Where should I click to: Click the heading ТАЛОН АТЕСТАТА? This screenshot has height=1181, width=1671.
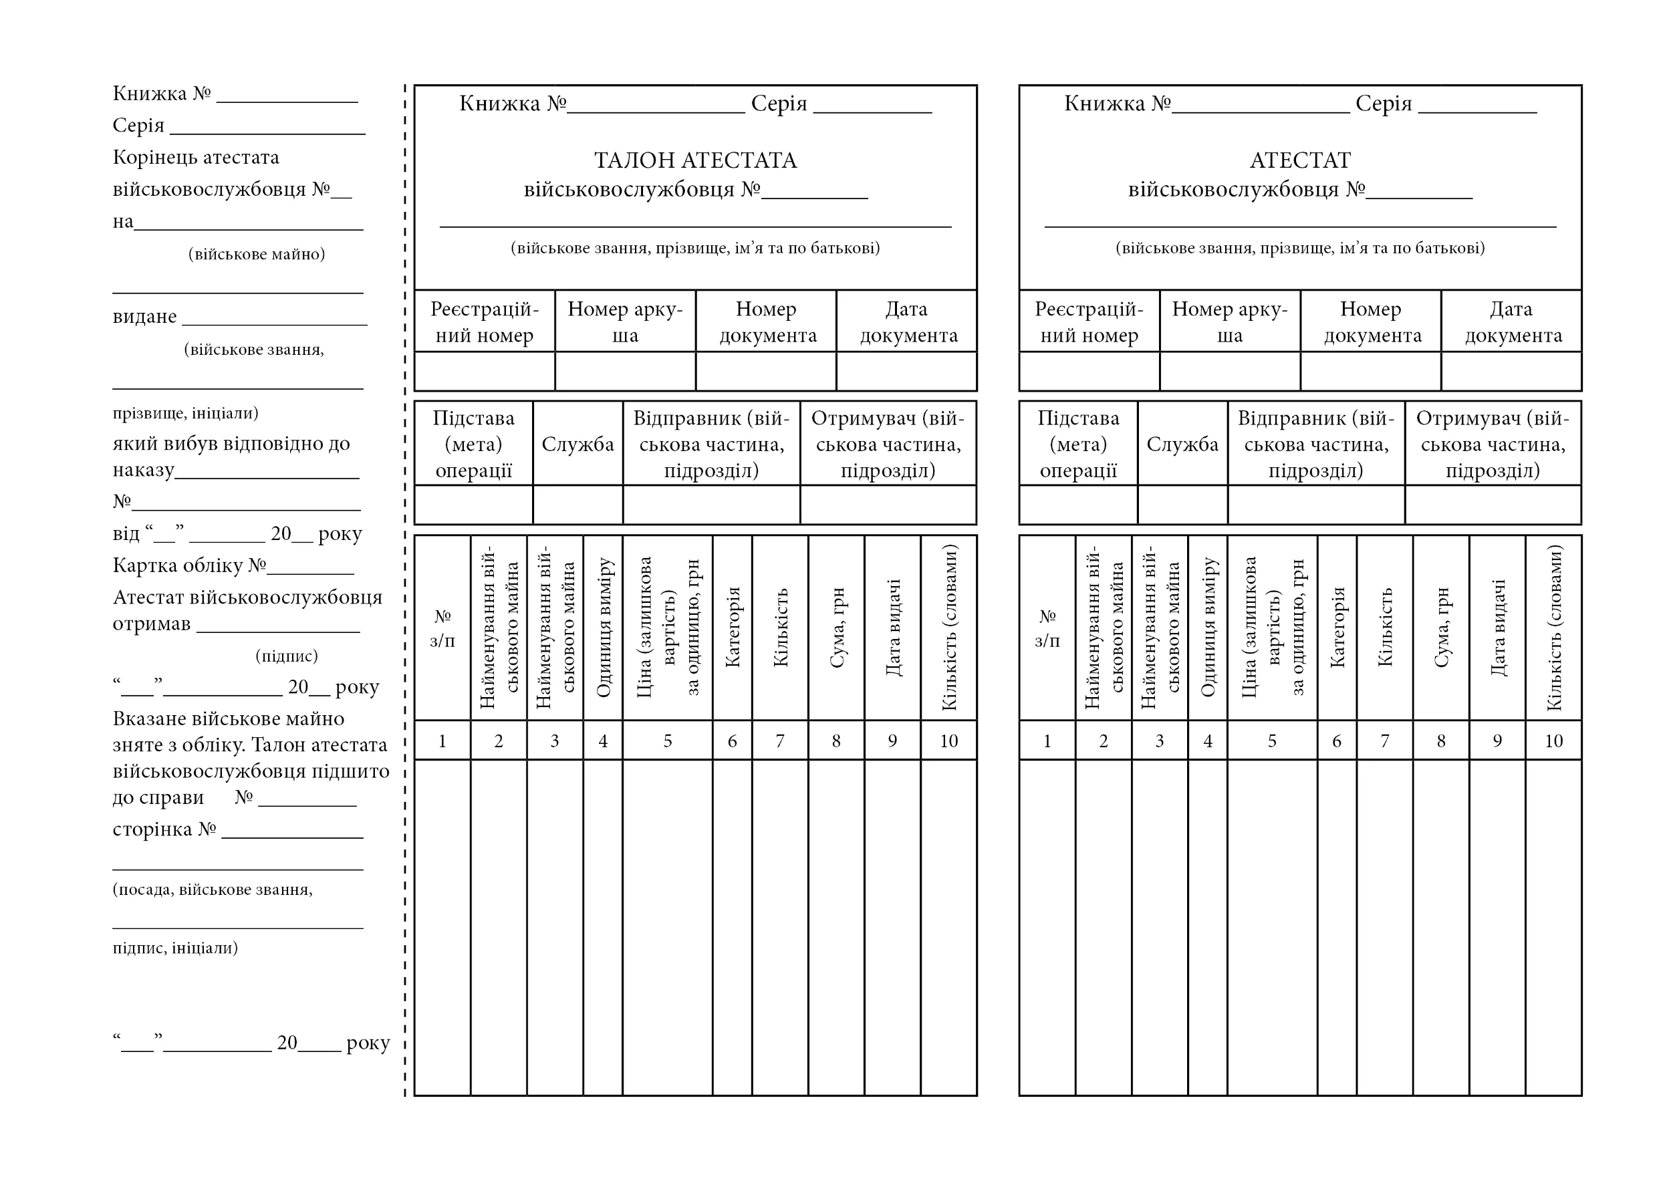[695, 160]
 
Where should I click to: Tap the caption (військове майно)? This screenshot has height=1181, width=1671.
[256, 254]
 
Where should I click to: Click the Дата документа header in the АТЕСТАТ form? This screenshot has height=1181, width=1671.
[1512, 321]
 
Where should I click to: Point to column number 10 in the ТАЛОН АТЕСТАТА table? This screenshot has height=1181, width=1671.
[948, 741]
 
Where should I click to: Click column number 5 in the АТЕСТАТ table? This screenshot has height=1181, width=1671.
[1271, 741]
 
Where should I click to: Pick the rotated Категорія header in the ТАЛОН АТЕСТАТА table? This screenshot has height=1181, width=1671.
[732, 627]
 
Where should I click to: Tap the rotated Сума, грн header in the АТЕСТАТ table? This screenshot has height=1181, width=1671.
[1441, 627]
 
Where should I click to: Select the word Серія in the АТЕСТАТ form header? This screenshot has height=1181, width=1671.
[1383, 104]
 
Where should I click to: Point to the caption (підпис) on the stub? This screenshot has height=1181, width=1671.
[287, 656]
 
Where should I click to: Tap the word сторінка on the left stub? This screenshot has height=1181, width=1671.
[154, 829]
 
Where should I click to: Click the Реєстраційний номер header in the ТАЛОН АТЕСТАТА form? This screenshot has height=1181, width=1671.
[484, 321]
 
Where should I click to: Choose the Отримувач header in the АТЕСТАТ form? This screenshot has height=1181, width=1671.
[1493, 444]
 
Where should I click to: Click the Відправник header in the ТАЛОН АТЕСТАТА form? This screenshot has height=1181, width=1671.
[711, 444]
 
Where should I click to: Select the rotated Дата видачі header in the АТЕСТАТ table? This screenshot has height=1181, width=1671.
[1497, 627]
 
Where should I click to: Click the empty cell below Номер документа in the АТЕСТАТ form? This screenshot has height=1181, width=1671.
[1370, 372]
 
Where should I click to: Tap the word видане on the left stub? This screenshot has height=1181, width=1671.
[144, 317]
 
